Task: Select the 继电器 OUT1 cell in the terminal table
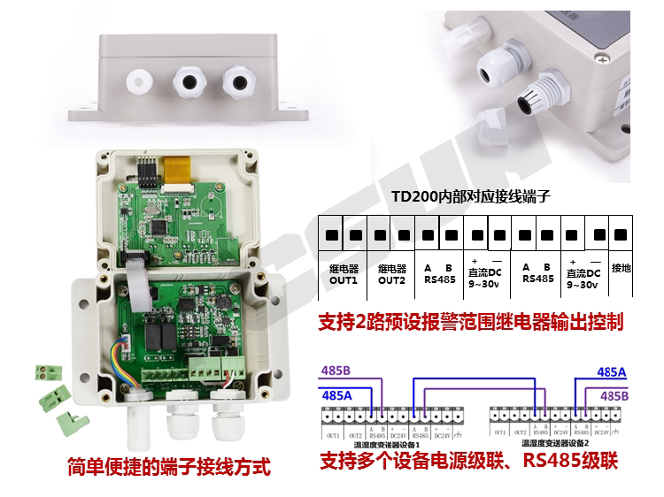click(x=343, y=273)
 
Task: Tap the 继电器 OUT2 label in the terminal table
click(x=391, y=273)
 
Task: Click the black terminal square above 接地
click(x=620, y=235)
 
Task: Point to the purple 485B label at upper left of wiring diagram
click(x=337, y=371)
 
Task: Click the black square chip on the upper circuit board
click(x=160, y=228)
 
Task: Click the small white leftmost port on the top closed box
click(x=138, y=82)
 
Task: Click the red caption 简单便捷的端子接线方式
click(x=168, y=466)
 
